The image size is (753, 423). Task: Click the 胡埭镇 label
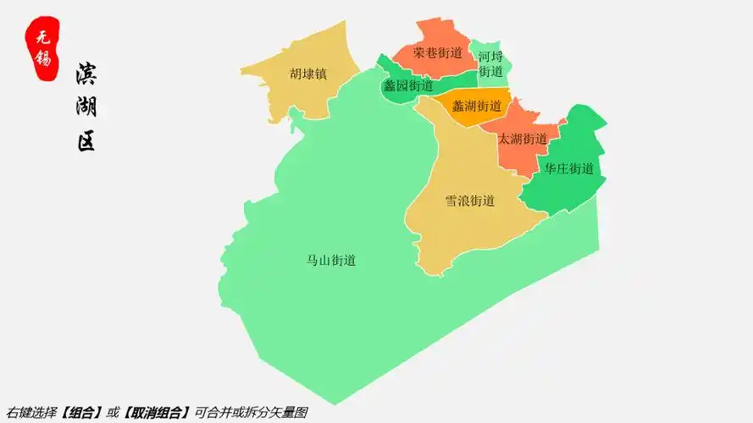(x=307, y=74)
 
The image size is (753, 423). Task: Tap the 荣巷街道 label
(x=438, y=52)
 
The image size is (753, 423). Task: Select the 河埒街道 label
(x=490, y=64)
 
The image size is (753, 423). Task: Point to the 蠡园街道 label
(x=408, y=85)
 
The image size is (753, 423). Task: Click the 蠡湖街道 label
(x=477, y=107)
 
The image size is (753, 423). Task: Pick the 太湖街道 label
(x=523, y=139)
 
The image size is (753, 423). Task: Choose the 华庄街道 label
(x=569, y=168)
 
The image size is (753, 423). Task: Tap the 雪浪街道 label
(x=470, y=201)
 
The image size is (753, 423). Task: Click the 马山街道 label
(x=331, y=261)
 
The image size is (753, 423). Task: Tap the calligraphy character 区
(x=86, y=140)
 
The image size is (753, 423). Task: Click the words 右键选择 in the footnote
(x=31, y=413)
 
